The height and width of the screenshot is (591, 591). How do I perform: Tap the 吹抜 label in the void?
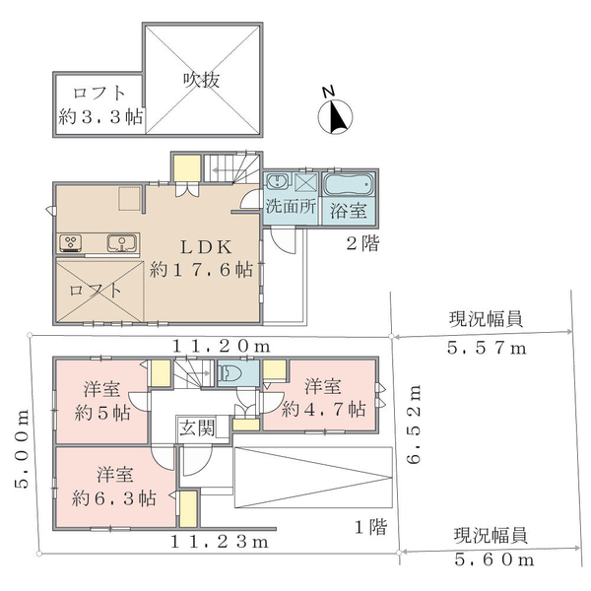click(201, 80)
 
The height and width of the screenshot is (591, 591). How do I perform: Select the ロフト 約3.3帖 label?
click(100, 104)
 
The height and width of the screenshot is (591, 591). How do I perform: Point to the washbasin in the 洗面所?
click(278, 181)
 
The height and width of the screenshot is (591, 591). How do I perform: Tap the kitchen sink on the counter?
click(122, 242)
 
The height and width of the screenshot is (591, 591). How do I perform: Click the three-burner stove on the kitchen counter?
click(71, 242)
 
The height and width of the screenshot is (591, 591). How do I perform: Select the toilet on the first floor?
click(230, 373)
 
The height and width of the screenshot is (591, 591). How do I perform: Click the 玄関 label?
click(196, 427)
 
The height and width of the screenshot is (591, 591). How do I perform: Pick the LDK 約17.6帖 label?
click(202, 258)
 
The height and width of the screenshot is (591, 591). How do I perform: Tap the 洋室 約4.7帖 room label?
click(323, 398)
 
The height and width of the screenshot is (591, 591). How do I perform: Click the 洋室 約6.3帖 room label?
click(114, 487)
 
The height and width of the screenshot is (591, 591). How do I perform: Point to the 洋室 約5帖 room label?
click(102, 401)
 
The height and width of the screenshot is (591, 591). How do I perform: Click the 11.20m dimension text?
click(222, 346)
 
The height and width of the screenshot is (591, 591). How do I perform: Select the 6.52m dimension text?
click(414, 424)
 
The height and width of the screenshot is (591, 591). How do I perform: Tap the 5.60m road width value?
click(494, 559)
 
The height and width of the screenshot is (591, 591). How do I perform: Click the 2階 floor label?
click(362, 243)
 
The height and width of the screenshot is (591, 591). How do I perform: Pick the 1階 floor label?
click(371, 527)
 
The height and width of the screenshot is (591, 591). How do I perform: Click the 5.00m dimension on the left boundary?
click(22, 448)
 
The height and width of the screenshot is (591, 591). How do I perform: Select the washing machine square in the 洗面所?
click(305, 182)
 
